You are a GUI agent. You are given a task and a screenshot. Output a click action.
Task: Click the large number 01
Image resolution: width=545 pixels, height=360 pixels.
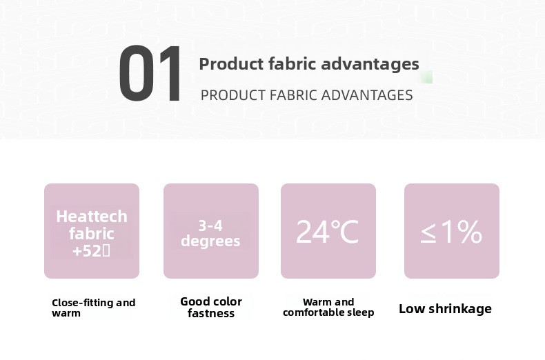[150, 73]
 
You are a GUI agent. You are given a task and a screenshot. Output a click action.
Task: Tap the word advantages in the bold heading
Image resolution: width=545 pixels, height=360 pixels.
[370, 65]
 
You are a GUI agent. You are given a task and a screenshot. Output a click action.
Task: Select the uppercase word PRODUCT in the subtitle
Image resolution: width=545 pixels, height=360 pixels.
[233, 95]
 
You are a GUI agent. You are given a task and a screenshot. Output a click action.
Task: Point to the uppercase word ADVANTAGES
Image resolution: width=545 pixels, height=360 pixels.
[367, 95]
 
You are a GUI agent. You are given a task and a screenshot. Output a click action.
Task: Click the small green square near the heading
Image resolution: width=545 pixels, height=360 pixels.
[426, 77]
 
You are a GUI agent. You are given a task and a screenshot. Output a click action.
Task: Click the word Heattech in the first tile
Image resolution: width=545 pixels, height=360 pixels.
[92, 217]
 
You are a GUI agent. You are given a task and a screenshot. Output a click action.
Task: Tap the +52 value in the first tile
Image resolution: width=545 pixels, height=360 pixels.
[86, 250]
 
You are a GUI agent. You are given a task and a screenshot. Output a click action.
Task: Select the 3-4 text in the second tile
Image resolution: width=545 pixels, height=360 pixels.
[210, 226]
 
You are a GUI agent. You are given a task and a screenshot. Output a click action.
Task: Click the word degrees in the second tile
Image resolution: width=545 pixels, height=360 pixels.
[210, 241]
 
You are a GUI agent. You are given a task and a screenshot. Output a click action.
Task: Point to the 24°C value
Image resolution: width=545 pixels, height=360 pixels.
[327, 232]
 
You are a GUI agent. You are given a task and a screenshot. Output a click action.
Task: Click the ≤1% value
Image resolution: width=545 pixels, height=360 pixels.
[451, 232]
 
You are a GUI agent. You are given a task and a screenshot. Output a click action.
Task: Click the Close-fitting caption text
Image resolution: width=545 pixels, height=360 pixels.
[94, 308]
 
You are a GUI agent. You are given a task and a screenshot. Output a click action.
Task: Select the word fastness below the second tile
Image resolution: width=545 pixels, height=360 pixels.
[211, 313]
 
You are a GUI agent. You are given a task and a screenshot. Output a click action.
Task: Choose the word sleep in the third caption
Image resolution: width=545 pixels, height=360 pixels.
[360, 312]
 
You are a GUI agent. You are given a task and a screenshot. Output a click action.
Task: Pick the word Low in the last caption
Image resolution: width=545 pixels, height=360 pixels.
[412, 308]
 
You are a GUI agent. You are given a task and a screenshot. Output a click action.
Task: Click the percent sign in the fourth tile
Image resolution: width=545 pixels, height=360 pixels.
[469, 232]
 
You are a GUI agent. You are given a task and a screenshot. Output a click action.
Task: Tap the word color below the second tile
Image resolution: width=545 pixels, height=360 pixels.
[226, 301]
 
